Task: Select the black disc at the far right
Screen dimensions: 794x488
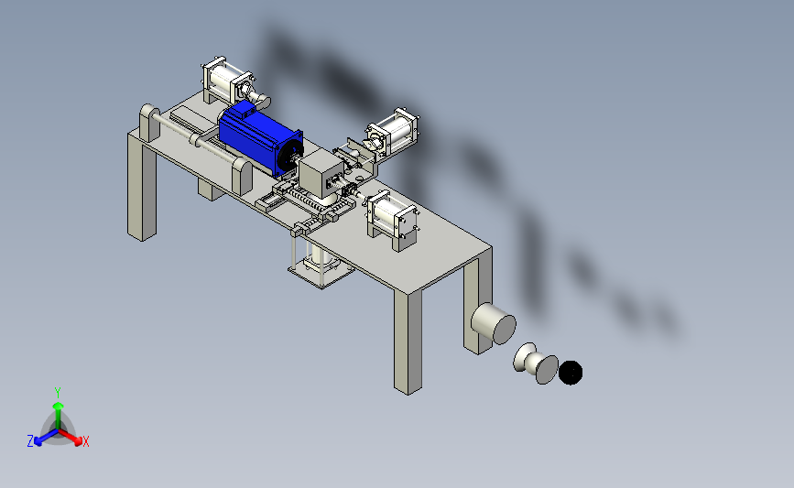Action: [571, 373]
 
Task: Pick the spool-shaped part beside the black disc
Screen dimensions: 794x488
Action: [535, 363]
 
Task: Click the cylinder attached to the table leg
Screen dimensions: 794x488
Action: [494, 323]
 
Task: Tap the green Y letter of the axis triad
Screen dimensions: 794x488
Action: [58, 393]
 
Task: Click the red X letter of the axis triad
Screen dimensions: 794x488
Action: [85, 441]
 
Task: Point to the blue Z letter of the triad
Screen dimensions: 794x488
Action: [30, 441]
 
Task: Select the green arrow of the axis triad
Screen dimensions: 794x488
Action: [58, 418]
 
